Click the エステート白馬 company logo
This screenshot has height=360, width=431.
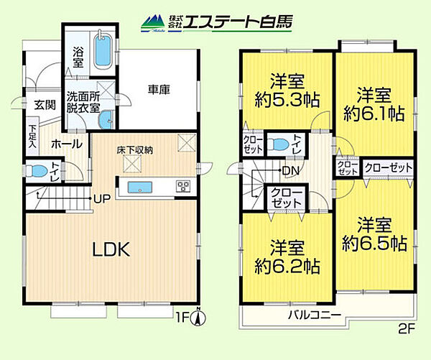click(215, 22)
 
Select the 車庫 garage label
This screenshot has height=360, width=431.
click(159, 90)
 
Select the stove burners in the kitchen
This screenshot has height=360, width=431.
click(182, 188)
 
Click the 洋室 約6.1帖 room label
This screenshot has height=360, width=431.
click(374, 104)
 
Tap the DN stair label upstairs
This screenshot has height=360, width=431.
click(291, 170)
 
